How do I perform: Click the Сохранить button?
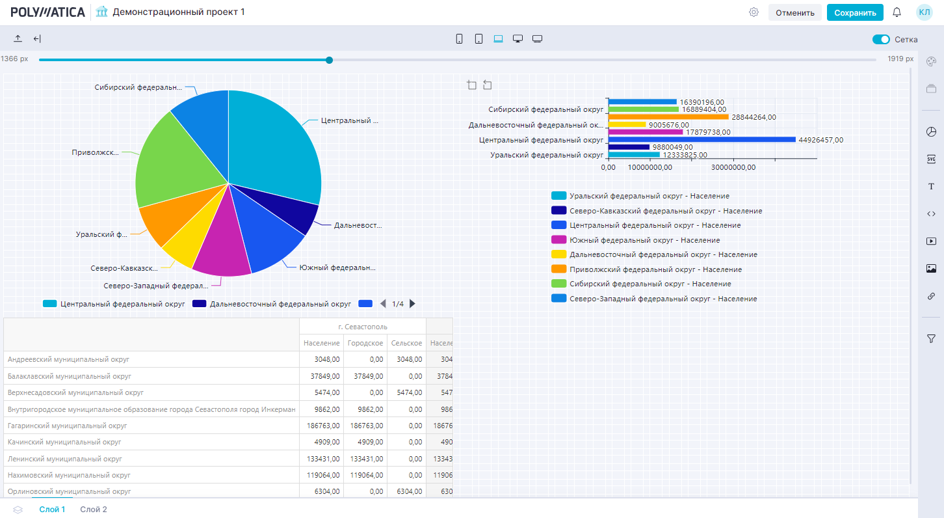pyautogui.click(x=855, y=12)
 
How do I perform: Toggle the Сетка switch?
pyautogui.click(x=881, y=39)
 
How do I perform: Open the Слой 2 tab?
pyautogui.click(x=94, y=510)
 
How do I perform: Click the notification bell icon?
pyautogui.click(x=897, y=12)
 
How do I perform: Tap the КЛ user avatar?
pyautogui.click(x=924, y=12)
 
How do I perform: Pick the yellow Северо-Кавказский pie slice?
pyautogui.click(x=180, y=246)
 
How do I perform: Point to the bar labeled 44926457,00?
pyautogui.click(x=701, y=139)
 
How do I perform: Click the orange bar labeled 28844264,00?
pyautogui.click(x=668, y=117)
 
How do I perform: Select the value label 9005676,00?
pyautogui.click(x=668, y=125)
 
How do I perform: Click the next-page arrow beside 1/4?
pyautogui.click(x=412, y=303)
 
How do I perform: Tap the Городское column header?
pyautogui.click(x=365, y=343)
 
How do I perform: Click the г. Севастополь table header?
pyautogui.click(x=362, y=326)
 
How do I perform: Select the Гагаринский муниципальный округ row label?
pyautogui.click(x=68, y=426)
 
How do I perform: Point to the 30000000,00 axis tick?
pyautogui.click(x=733, y=167)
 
